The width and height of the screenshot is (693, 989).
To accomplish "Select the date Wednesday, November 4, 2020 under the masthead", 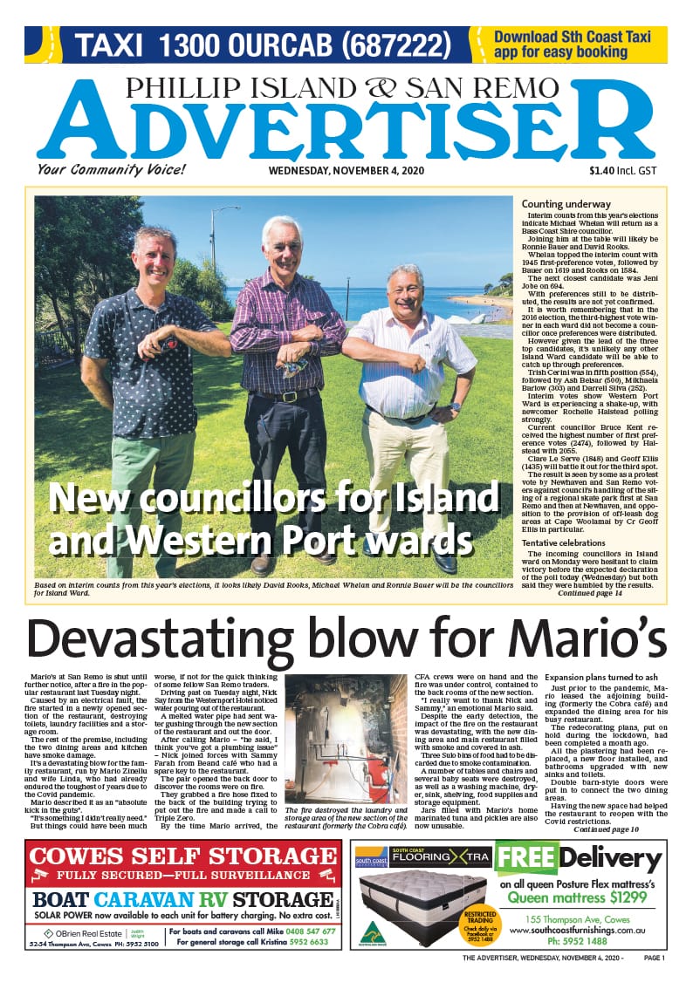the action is click(x=346, y=171).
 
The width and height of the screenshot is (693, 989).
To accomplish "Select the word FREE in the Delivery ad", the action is click(x=525, y=858).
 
